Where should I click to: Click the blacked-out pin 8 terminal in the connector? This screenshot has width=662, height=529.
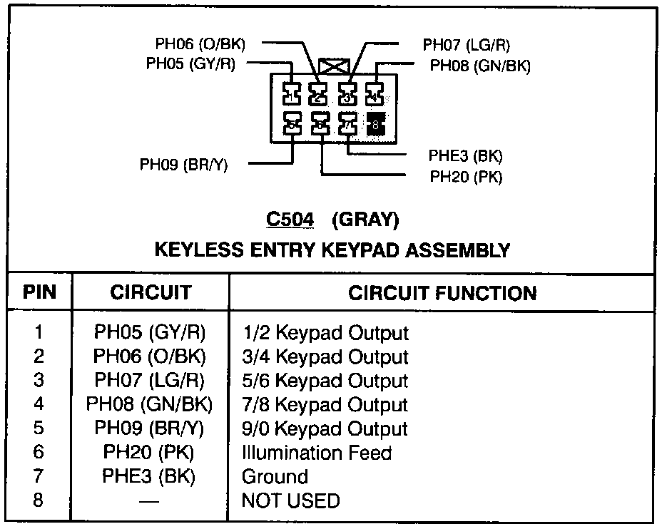pos(375,124)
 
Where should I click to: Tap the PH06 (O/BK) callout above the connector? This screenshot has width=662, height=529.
pos(200,44)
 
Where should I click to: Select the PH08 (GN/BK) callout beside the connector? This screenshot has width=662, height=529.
pos(479,66)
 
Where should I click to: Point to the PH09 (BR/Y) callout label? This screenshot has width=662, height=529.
pos(183,165)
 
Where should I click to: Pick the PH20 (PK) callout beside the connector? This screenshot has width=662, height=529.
pos(466,177)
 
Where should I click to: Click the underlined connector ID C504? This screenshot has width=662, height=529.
pos(290,220)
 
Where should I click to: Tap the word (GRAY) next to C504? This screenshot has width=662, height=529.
pos(365,220)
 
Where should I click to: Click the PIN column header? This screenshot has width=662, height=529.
pos(39,292)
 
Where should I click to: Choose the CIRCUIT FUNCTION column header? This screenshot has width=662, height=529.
pos(442,292)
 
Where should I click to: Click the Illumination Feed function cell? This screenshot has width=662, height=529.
pos(317,453)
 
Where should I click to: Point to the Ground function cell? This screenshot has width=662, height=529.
pos(275,476)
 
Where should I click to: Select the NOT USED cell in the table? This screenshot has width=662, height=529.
pos(290,500)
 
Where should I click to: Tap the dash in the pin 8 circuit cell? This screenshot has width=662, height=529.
pos(150,501)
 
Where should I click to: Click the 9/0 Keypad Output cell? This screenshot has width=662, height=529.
pos(325,429)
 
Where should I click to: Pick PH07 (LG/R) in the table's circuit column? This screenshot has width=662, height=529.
pos(150,381)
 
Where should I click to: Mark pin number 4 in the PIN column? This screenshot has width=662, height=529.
pos(39,404)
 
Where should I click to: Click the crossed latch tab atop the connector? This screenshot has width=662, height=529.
pos(334,68)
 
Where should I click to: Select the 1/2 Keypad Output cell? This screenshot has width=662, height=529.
pos(325,333)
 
